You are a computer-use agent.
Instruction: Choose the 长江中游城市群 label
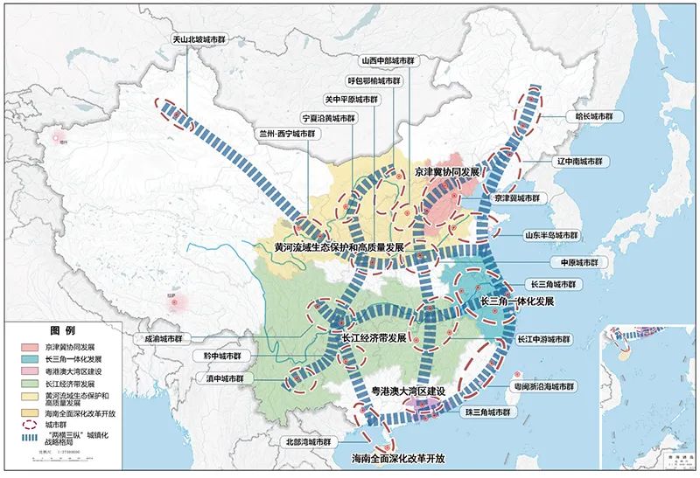click(543, 339)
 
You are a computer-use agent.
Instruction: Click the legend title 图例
click(63, 332)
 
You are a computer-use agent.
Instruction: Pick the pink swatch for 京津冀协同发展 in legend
click(30, 347)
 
